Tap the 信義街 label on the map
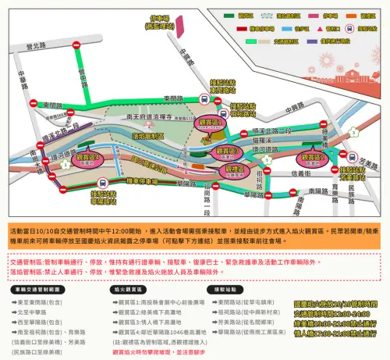tap(310, 173)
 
